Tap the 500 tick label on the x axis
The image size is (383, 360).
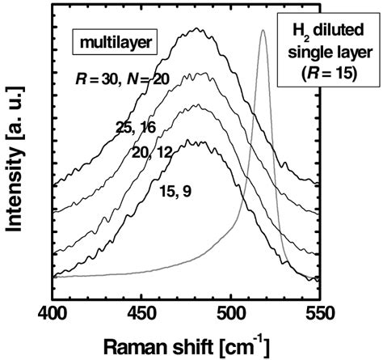(230, 311)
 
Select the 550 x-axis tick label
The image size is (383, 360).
(319, 311)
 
